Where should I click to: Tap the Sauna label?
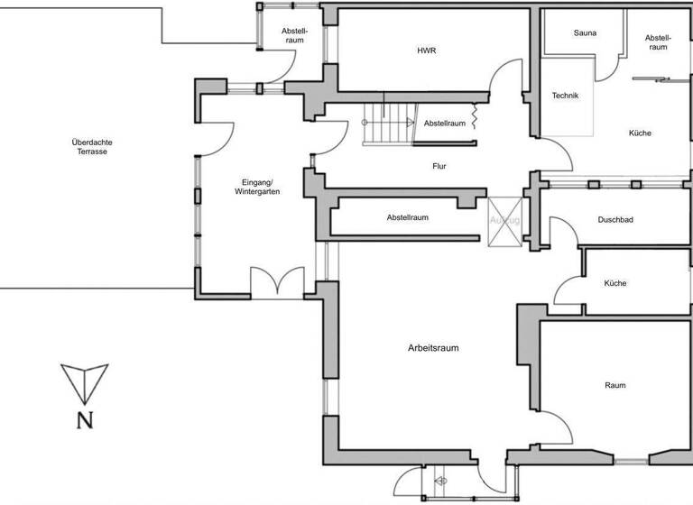585,33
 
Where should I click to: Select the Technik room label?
565,96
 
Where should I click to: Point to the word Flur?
439,166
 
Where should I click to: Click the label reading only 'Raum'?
615,385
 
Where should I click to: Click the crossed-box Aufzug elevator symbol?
504,220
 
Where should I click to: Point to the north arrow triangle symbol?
84,381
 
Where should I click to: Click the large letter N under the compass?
84,419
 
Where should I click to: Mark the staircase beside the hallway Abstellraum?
379,124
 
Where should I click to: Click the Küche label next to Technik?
640,133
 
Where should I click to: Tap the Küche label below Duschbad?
615,283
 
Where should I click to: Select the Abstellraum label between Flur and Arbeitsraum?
407,217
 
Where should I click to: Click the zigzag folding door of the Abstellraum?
475,119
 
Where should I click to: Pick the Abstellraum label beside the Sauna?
656,41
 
